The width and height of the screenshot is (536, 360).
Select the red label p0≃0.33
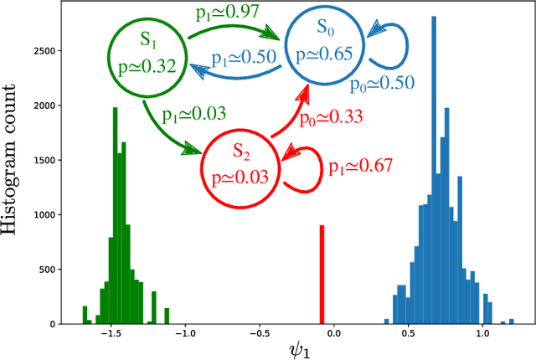(x=332, y=117)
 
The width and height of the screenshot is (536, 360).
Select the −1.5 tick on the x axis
(x=110, y=334)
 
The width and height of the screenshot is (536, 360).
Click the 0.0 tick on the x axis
(x=334, y=334)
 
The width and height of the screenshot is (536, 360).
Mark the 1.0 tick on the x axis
(x=482, y=334)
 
